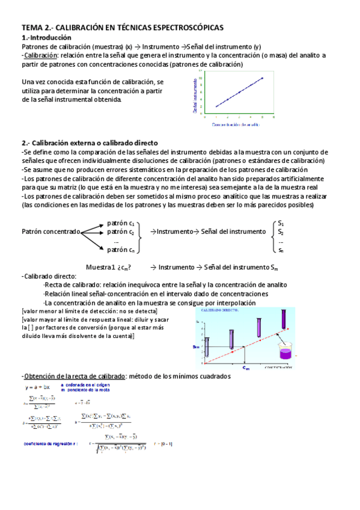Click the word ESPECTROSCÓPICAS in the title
click(185, 28)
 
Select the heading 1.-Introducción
click(46, 37)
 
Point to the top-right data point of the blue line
click(262, 78)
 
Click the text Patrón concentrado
click(50, 232)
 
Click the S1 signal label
click(281, 223)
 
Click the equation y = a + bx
click(37, 387)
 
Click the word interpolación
click(236, 303)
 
